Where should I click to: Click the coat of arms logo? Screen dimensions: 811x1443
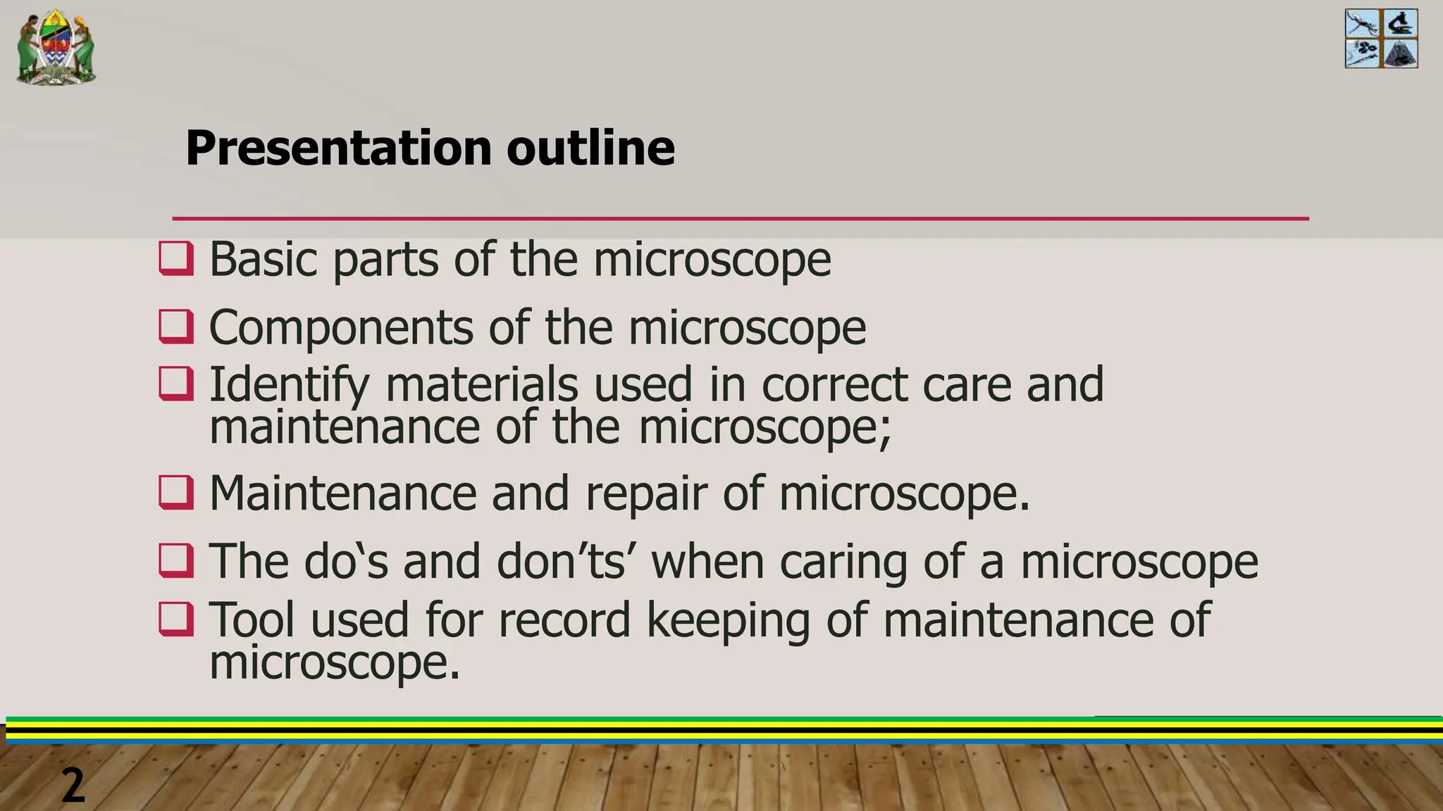56,47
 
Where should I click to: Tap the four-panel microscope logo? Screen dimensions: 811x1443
1381,39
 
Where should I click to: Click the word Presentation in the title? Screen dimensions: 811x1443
337,148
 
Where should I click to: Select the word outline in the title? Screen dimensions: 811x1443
590,148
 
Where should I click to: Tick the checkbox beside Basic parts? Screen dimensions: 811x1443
176,258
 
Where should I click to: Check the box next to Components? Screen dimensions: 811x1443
176,327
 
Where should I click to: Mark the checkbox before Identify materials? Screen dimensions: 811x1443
176,384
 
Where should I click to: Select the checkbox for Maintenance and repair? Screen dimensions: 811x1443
176,492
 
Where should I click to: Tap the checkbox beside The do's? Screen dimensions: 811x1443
176,560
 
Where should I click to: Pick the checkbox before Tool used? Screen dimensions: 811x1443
176,619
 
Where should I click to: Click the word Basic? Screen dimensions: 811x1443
264,259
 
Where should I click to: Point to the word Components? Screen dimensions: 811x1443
341,328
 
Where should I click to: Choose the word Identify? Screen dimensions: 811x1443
289,386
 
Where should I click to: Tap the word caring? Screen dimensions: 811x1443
843,563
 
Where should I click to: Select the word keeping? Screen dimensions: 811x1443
728,622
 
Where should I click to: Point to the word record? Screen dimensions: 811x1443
564,620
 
